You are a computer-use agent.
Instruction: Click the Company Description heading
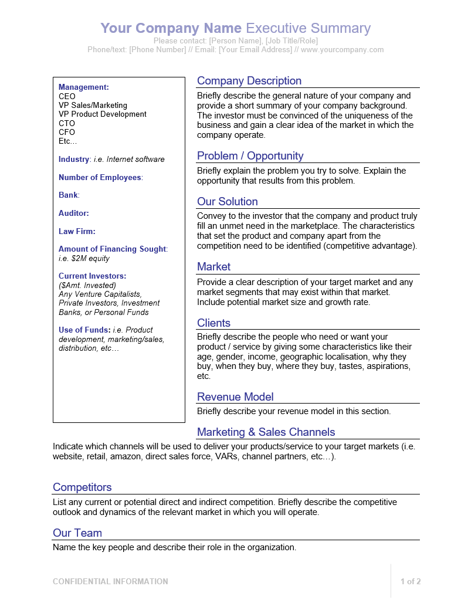pyautogui.click(x=249, y=81)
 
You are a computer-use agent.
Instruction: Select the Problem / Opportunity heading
pyautogui.click(x=250, y=156)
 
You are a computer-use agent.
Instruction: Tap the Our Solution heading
pyautogui.click(x=227, y=202)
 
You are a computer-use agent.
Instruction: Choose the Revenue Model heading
pyautogui.click(x=235, y=397)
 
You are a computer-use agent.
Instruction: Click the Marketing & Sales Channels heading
pyautogui.click(x=266, y=432)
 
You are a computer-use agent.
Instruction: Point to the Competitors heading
pyautogui.click(x=82, y=487)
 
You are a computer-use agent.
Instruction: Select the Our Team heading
pyautogui.click(x=77, y=533)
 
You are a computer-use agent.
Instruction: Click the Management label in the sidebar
pyautogui.click(x=83, y=87)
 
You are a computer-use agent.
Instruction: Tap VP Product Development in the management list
pyautogui.click(x=103, y=114)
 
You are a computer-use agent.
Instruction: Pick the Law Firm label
pyautogui.click(x=77, y=231)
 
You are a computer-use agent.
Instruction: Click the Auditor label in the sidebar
pyautogui.click(x=73, y=214)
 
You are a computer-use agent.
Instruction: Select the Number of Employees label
pyautogui.click(x=100, y=178)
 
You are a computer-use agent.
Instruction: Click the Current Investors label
pyautogui.click(x=92, y=276)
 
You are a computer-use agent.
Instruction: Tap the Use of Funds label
pyautogui.click(x=84, y=330)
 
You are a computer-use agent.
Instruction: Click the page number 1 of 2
pyautogui.click(x=411, y=582)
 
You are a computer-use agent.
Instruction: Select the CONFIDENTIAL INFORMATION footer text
pyautogui.click(x=110, y=582)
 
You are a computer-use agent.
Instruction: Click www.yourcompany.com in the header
pyautogui.click(x=342, y=50)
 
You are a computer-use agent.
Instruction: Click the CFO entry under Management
pyautogui.click(x=67, y=133)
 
